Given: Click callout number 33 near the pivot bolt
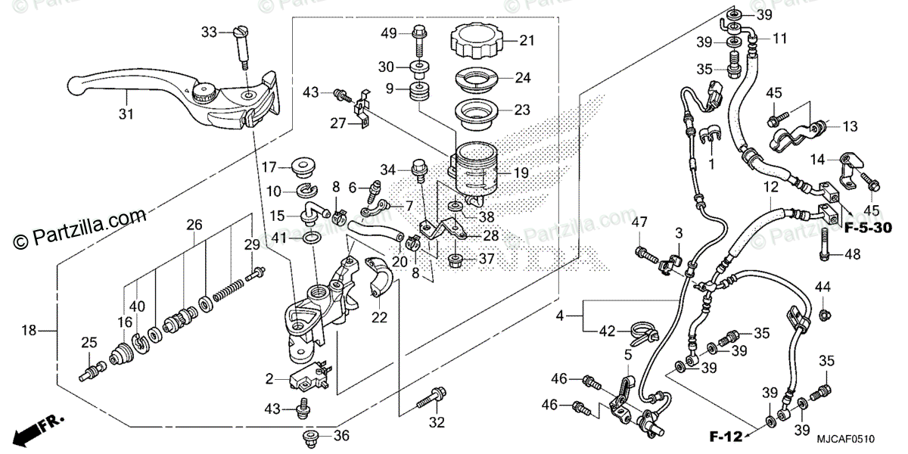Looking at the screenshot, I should coord(209,32).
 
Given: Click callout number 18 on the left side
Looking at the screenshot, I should coord(29,330).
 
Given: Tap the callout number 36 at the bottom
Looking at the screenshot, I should coord(341,436).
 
